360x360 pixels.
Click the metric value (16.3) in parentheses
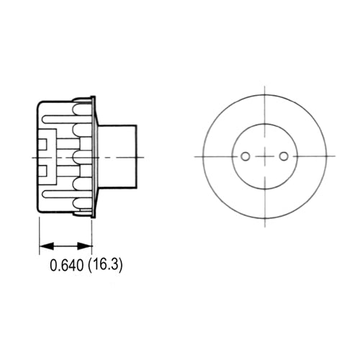106,265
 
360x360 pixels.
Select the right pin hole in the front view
283,156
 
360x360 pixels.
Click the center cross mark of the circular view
264,156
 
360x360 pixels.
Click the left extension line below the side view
39,234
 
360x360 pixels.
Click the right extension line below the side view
92,234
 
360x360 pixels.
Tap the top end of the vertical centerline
264,86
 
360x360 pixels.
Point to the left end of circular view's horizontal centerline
195,156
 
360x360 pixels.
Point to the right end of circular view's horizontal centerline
335,156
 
